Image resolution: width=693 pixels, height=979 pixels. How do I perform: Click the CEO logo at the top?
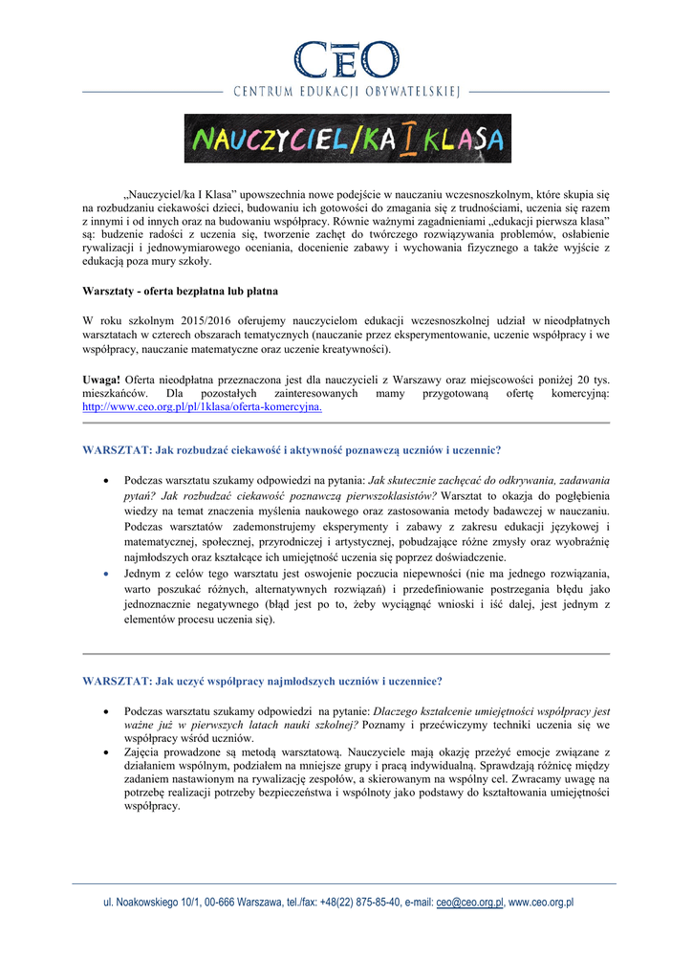346,60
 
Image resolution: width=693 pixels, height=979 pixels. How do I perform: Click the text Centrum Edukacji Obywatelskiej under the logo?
347,93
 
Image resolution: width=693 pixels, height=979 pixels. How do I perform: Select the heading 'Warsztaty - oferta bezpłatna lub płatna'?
181,290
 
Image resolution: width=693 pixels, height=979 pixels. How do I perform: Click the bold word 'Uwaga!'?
101,380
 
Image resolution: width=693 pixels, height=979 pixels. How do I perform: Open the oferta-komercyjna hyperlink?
202,406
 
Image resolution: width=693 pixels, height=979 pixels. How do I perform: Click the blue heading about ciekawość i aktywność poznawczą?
292,449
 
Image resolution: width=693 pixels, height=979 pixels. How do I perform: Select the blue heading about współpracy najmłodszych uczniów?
262,682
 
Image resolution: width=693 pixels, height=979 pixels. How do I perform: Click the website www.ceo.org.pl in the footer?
541,903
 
